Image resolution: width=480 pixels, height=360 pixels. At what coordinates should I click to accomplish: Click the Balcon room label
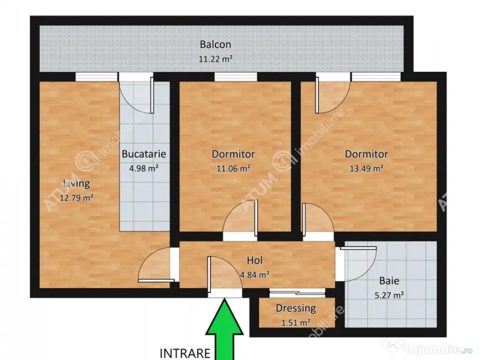coord(216,45)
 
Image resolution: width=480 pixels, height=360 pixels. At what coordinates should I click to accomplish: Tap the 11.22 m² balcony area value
coord(216,59)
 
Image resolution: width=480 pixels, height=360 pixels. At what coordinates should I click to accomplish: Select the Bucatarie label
coord(144,154)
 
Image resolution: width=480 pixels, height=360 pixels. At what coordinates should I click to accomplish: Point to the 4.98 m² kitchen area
coord(144,168)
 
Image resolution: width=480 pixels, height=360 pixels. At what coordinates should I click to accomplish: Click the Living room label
coord(76,183)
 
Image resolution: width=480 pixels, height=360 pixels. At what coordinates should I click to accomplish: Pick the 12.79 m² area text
coord(76,197)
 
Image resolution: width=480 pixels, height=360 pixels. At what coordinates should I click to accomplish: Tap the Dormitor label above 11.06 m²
coord(233,154)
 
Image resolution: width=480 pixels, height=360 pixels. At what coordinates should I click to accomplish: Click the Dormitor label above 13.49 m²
coord(367,154)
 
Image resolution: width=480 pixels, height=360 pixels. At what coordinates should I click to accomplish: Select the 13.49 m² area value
coord(367,168)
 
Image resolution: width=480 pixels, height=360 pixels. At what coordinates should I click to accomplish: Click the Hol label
coord(255,260)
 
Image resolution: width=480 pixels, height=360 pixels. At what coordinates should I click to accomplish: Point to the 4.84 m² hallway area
coord(255,275)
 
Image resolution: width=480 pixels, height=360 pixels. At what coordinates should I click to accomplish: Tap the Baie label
coord(389,281)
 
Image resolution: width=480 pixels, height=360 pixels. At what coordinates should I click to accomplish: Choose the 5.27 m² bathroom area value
coord(389,295)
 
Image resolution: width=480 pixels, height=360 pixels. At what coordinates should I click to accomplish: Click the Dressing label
coord(296,308)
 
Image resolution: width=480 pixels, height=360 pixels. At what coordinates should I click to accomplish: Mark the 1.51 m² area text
coord(296,322)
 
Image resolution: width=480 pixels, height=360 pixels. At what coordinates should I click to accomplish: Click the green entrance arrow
coord(225,329)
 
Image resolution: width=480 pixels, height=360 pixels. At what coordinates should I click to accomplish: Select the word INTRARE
coord(185,353)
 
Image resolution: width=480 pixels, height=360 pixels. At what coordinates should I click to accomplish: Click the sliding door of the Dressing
coord(297,293)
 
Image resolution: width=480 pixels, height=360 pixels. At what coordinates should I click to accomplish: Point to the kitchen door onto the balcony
coord(151,95)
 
